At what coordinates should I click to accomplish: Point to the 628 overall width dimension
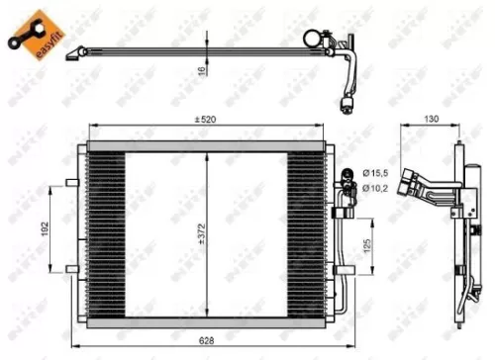(x=205, y=340)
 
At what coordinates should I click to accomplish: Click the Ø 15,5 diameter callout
(x=377, y=174)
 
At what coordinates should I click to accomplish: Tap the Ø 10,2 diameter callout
(x=377, y=188)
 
